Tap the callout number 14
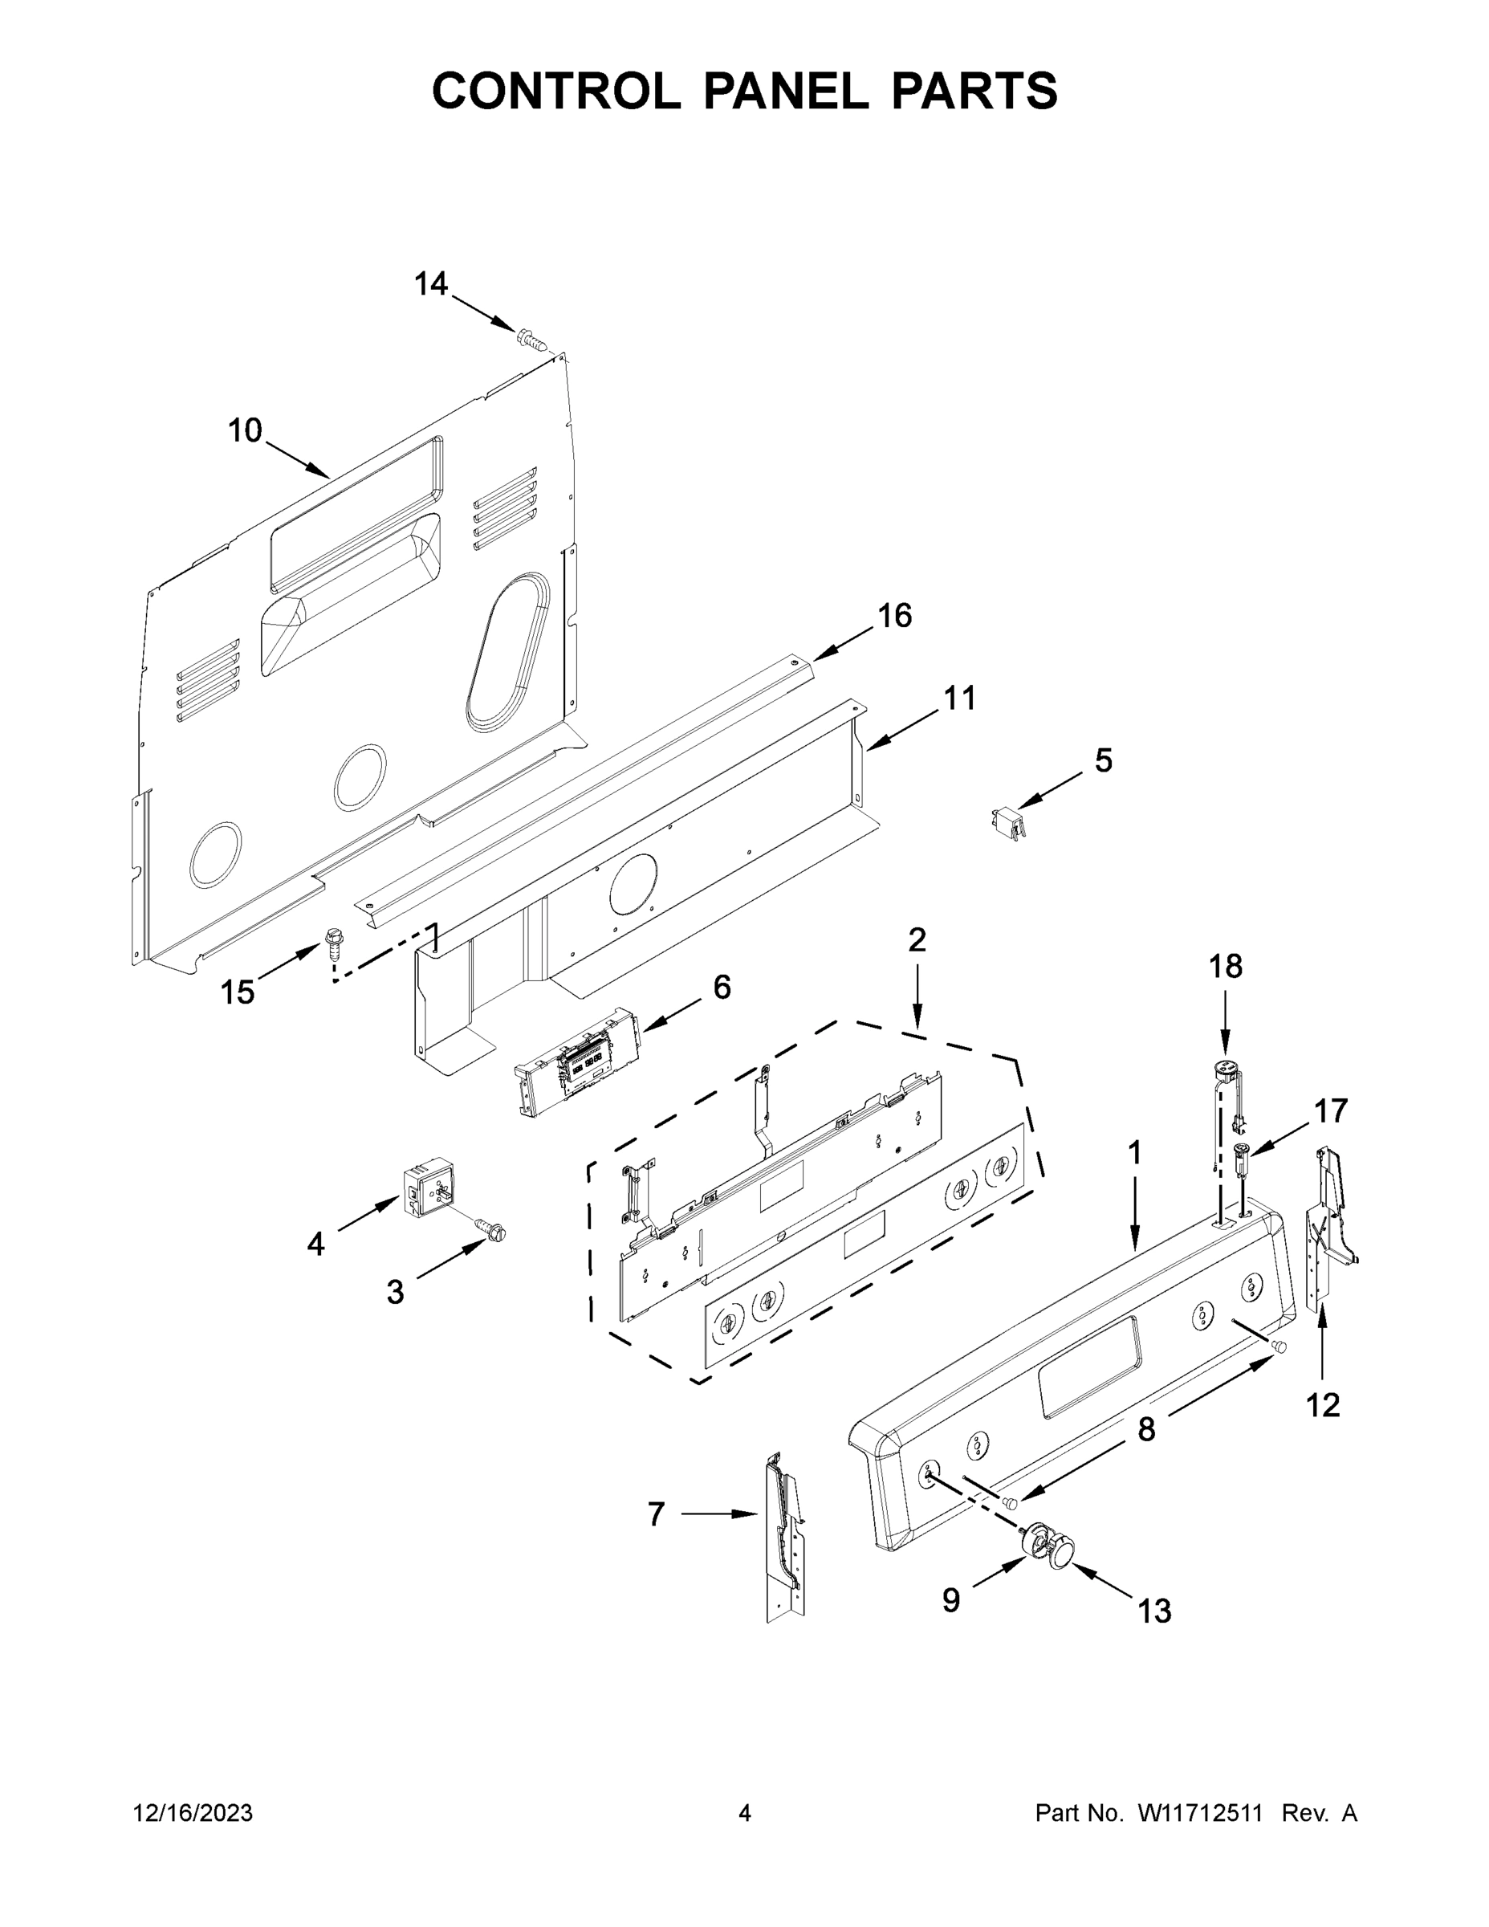click(x=430, y=284)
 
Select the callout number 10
click(x=246, y=430)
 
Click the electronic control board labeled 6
click(x=574, y=1063)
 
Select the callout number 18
click(x=1225, y=967)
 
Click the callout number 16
click(x=894, y=616)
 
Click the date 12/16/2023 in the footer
click(x=193, y=1813)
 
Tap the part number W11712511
click(x=1200, y=1813)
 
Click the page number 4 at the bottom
click(x=745, y=1813)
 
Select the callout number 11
click(x=960, y=698)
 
